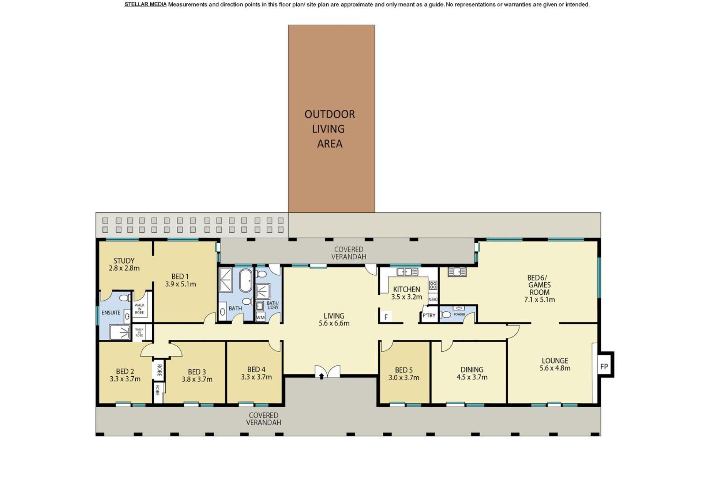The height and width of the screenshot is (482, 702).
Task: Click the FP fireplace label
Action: (604, 366)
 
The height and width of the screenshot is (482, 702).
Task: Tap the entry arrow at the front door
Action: (321, 376)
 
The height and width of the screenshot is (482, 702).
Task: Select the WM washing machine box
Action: (260, 317)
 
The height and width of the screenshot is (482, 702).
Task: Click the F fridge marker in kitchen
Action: (386, 317)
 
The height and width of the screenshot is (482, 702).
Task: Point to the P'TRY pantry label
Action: (429, 315)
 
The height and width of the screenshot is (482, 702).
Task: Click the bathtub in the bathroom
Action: (245, 280)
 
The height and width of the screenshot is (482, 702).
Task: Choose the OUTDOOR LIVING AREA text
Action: (330, 129)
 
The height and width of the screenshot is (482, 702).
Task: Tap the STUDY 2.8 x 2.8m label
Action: (124, 264)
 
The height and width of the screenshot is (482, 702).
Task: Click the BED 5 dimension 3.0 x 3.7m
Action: (404, 377)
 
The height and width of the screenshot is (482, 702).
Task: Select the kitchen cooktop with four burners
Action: (433, 285)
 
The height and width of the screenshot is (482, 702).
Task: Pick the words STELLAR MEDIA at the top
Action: (145, 4)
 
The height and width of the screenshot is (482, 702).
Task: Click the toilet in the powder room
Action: (446, 314)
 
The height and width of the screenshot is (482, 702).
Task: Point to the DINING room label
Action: (472, 369)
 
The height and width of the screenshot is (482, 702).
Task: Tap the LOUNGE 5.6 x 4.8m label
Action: (555, 364)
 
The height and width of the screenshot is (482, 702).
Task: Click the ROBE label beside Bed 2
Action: (159, 370)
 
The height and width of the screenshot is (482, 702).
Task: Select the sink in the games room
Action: (457, 272)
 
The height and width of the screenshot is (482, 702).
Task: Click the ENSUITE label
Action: (111, 313)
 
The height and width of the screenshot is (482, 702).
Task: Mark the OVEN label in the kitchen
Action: (433, 299)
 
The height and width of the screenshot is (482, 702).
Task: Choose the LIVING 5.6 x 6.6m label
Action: (334, 319)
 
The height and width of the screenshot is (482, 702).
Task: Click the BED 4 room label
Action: (256, 369)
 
